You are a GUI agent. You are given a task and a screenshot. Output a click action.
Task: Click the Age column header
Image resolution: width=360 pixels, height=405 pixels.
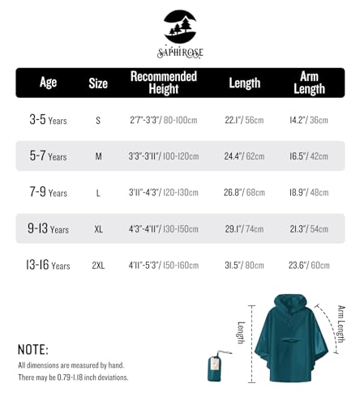pos(48,82)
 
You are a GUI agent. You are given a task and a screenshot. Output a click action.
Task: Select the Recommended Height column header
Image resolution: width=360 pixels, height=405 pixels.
pos(164,83)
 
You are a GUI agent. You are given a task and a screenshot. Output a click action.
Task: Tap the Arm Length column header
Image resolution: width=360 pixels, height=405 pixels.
pos(309,83)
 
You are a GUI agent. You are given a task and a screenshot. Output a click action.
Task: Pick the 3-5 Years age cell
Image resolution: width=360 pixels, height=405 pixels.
pos(48,120)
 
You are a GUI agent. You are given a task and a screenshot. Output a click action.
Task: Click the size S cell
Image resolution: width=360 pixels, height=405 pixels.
pos(98,121)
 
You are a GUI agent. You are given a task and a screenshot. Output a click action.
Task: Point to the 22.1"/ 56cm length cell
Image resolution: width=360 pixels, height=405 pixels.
pos(243,120)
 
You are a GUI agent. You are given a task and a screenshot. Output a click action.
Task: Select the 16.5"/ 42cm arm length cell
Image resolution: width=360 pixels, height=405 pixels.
pos(309,156)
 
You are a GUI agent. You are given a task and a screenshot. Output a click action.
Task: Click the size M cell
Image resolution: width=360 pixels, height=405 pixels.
pos(98,156)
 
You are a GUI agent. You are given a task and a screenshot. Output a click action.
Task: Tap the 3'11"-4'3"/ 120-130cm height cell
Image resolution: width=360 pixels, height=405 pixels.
pos(164,192)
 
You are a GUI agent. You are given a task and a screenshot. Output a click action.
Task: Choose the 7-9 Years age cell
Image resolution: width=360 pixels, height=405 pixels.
pos(48,193)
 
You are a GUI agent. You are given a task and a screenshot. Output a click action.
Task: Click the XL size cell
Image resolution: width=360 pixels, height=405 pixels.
pos(98,229)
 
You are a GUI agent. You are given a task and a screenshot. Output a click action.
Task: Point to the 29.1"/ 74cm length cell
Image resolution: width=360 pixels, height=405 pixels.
pos(243,228)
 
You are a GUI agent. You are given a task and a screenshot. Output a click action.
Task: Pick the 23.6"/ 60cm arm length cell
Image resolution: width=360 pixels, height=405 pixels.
pos(309,264)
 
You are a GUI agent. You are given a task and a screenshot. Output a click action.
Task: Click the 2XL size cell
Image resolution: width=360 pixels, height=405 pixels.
pos(98,265)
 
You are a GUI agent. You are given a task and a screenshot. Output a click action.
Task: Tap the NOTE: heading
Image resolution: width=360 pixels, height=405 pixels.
pos(32,350)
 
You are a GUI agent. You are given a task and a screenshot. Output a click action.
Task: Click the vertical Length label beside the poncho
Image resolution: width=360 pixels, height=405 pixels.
pos(240,332)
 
